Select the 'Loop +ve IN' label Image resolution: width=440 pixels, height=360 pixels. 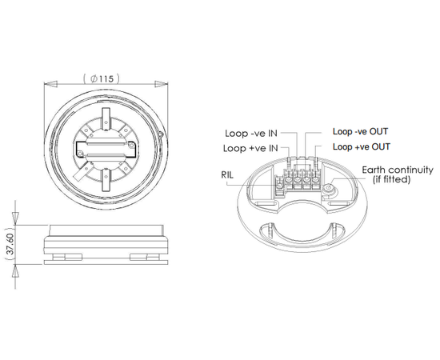pos(252,148)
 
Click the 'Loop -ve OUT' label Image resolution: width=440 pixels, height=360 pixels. pos(360,131)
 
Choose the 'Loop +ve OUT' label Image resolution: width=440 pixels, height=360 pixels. pos(361,147)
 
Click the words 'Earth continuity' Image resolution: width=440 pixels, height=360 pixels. pos(398,170)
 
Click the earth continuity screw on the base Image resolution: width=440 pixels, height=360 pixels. pos(329,189)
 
